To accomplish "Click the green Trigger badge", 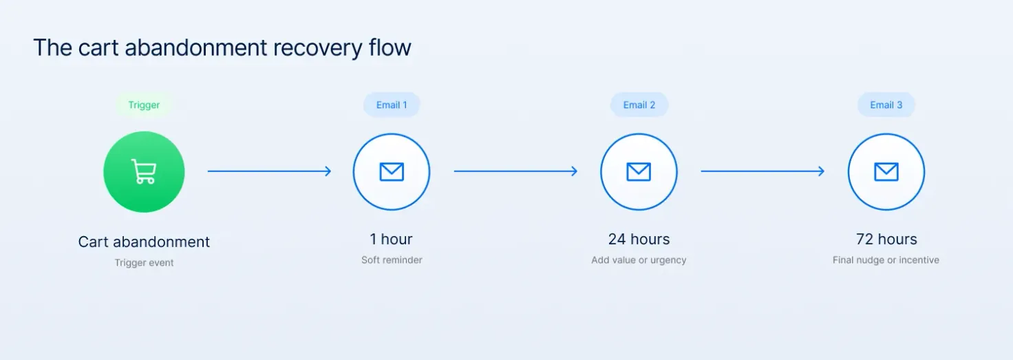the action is coord(144,105).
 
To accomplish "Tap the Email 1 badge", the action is coord(392,105).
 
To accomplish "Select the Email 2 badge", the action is coord(639,105).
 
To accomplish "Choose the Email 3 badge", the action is coord(886,105).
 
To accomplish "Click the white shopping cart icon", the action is coord(144,171).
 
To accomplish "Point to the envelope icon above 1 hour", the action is coord(392,172).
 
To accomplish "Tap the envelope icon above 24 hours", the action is coord(639,172).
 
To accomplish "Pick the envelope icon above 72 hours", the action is coord(886,172).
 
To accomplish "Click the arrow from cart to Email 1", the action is coord(270,171).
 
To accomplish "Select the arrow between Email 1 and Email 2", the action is coord(516,171).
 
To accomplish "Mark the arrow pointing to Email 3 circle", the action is coord(763,171).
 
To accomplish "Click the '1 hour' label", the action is coord(391,240).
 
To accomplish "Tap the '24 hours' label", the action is coord(639,240).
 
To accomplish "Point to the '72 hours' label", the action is coord(886,240).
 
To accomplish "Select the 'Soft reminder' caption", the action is coord(392,260).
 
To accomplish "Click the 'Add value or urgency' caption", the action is coord(639,260).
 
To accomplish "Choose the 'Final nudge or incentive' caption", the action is coord(886,260).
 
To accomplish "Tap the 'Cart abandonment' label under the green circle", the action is coord(144,242).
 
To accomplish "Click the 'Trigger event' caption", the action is coord(144,263).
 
